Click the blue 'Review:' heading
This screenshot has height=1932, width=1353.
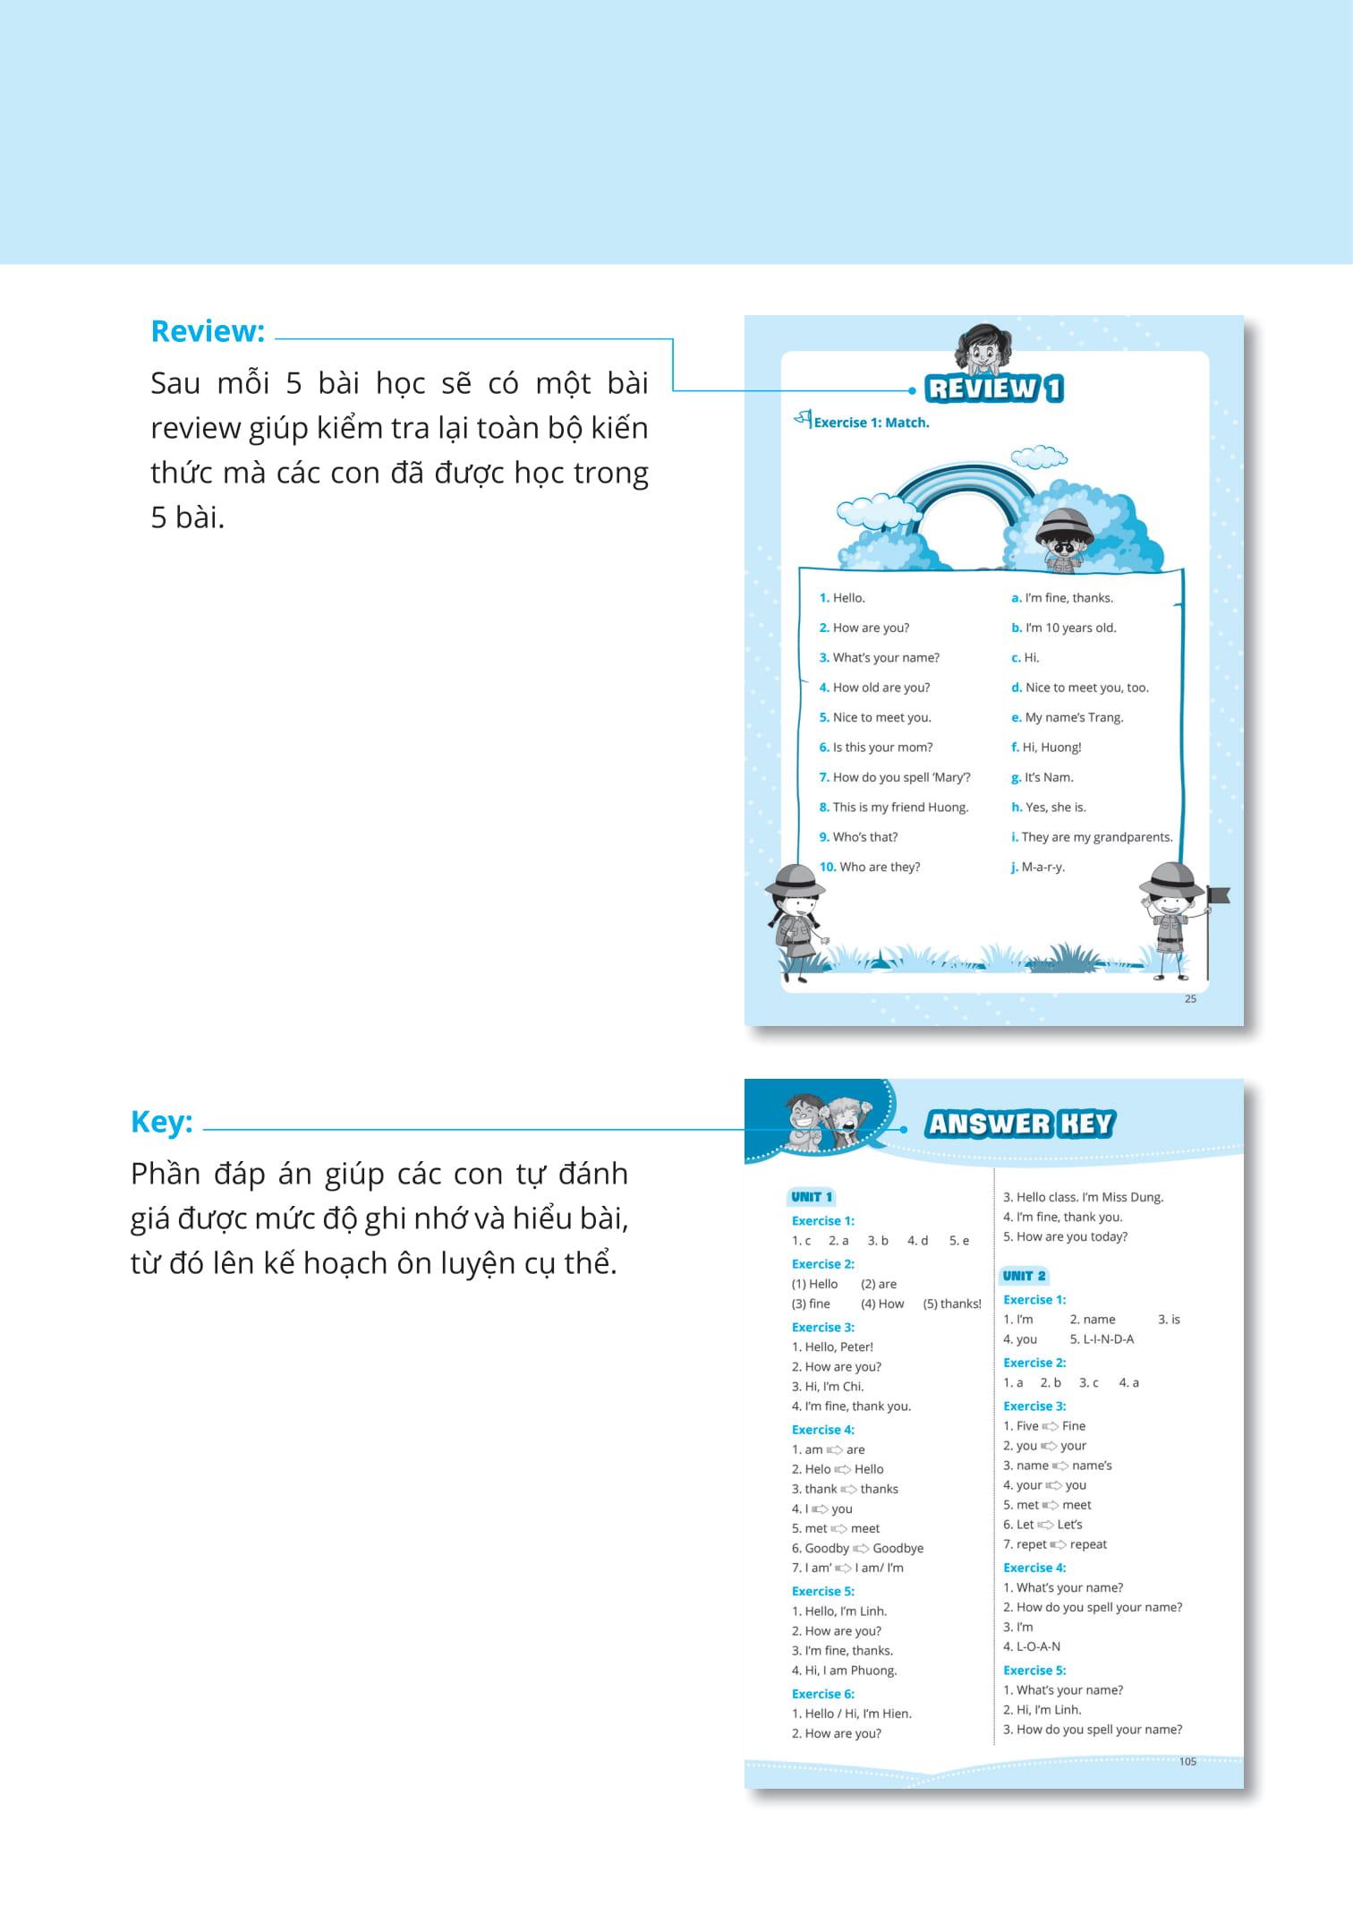(x=208, y=331)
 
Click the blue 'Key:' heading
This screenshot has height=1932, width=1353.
(x=162, y=1122)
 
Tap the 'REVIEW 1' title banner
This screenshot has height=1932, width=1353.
(x=994, y=389)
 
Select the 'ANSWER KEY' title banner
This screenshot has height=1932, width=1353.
(x=1019, y=1124)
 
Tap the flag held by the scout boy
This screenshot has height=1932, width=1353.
(x=1218, y=893)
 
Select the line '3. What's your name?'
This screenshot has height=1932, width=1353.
(x=879, y=658)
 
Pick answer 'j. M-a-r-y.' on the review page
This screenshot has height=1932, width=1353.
(x=1037, y=867)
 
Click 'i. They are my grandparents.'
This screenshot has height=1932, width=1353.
(x=1091, y=837)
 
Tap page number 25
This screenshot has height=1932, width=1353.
(x=1190, y=999)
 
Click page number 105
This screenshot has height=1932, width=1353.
(x=1187, y=1761)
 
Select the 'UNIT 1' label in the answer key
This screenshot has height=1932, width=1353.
(x=812, y=1197)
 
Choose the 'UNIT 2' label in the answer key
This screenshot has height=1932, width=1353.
(x=1024, y=1276)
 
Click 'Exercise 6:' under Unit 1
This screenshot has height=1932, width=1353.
(x=822, y=1694)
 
